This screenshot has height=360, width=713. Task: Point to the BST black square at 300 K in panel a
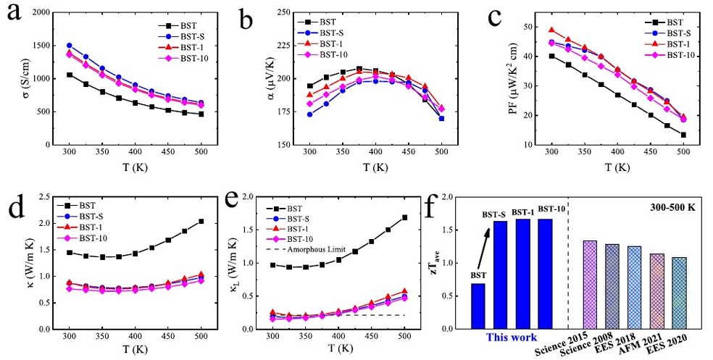coord(70,75)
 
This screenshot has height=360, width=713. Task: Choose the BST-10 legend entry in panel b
coord(333,55)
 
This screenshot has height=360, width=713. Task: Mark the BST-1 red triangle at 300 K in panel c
coord(551,30)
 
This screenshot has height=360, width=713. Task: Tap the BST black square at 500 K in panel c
coord(683,135)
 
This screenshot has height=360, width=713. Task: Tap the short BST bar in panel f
coord(478,306)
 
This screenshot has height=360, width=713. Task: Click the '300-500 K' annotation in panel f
coord(672,207)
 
